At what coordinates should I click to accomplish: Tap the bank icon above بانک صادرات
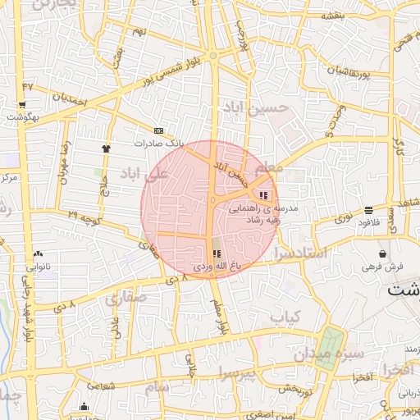(158, 130)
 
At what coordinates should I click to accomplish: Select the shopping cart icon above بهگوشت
(21, 105)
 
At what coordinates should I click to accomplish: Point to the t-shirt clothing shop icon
(106, 148)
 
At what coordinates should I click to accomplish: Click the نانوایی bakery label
(39, 267)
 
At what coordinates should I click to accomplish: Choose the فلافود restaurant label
(368, 222)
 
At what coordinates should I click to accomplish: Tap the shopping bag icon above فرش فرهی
(383, 253)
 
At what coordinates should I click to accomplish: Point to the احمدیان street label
(70, 100)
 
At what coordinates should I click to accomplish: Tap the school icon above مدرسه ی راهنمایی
(263, 195)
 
